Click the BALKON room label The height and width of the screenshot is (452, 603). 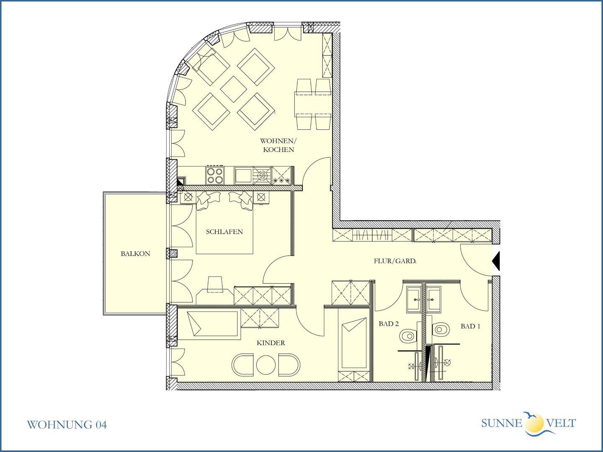pyautogui.click(x=135, y=254)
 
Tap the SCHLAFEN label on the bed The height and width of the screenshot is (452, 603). pyautogui.click(x=224, y=231)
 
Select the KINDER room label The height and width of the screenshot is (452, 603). pyautogui.click(x=271, y=343)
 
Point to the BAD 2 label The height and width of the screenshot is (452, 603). pyautogui.click(x=389, y=324)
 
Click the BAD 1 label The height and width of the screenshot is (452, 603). pyautogui.click(x=470, y=326)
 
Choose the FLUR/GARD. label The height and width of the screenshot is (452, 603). pyautogui.click(x=395, y=261)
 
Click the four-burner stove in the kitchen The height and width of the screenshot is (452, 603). pyautogui.click(x=215, y=175)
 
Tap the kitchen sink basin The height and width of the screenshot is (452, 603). pyautogui.click(x=243, y=176)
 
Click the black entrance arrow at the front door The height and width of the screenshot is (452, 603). pyautogui.click(x=496, y=261)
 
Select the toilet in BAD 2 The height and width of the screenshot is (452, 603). pyautogui.click(x=407, y=336)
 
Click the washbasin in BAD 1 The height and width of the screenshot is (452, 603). pyautogui.click(x=434, y=299)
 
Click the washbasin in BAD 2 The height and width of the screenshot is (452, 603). pyautogui.click(x=414, y=299)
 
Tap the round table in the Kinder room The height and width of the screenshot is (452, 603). pyautogui.click(x=265, y=365)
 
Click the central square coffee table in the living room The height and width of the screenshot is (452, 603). pyautogui.click(x=234, y=89)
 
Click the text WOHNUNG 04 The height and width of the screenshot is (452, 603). pyautogui.click(x=67, y=425)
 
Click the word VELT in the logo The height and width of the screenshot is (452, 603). pyautogui.click(x=561, y=423)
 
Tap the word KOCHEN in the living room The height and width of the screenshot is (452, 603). pyautogui.click(x=278, y=149)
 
